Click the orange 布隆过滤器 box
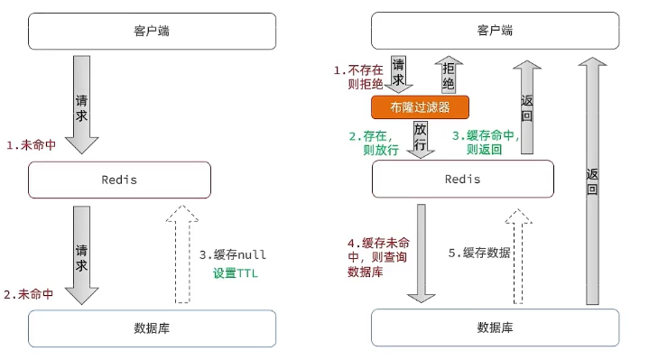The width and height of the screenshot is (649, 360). point(421,107)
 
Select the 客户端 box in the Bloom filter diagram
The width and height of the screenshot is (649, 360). point(495,32)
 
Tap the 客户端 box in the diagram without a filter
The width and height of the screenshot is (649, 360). point(151,32)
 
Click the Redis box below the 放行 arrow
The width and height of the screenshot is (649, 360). point(462,180)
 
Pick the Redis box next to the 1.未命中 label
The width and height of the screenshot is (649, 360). point(119,180)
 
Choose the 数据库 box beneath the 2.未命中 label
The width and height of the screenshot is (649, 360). point(151,328)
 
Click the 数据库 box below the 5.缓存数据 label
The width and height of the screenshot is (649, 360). point(495,328)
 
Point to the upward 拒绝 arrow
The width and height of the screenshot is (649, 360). point(449,76)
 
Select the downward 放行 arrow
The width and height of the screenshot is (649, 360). point(420,139)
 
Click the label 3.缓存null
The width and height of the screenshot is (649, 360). point(233,254)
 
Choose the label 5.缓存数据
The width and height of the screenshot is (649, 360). point(479,253)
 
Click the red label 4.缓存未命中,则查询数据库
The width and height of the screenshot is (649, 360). point(373,255)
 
